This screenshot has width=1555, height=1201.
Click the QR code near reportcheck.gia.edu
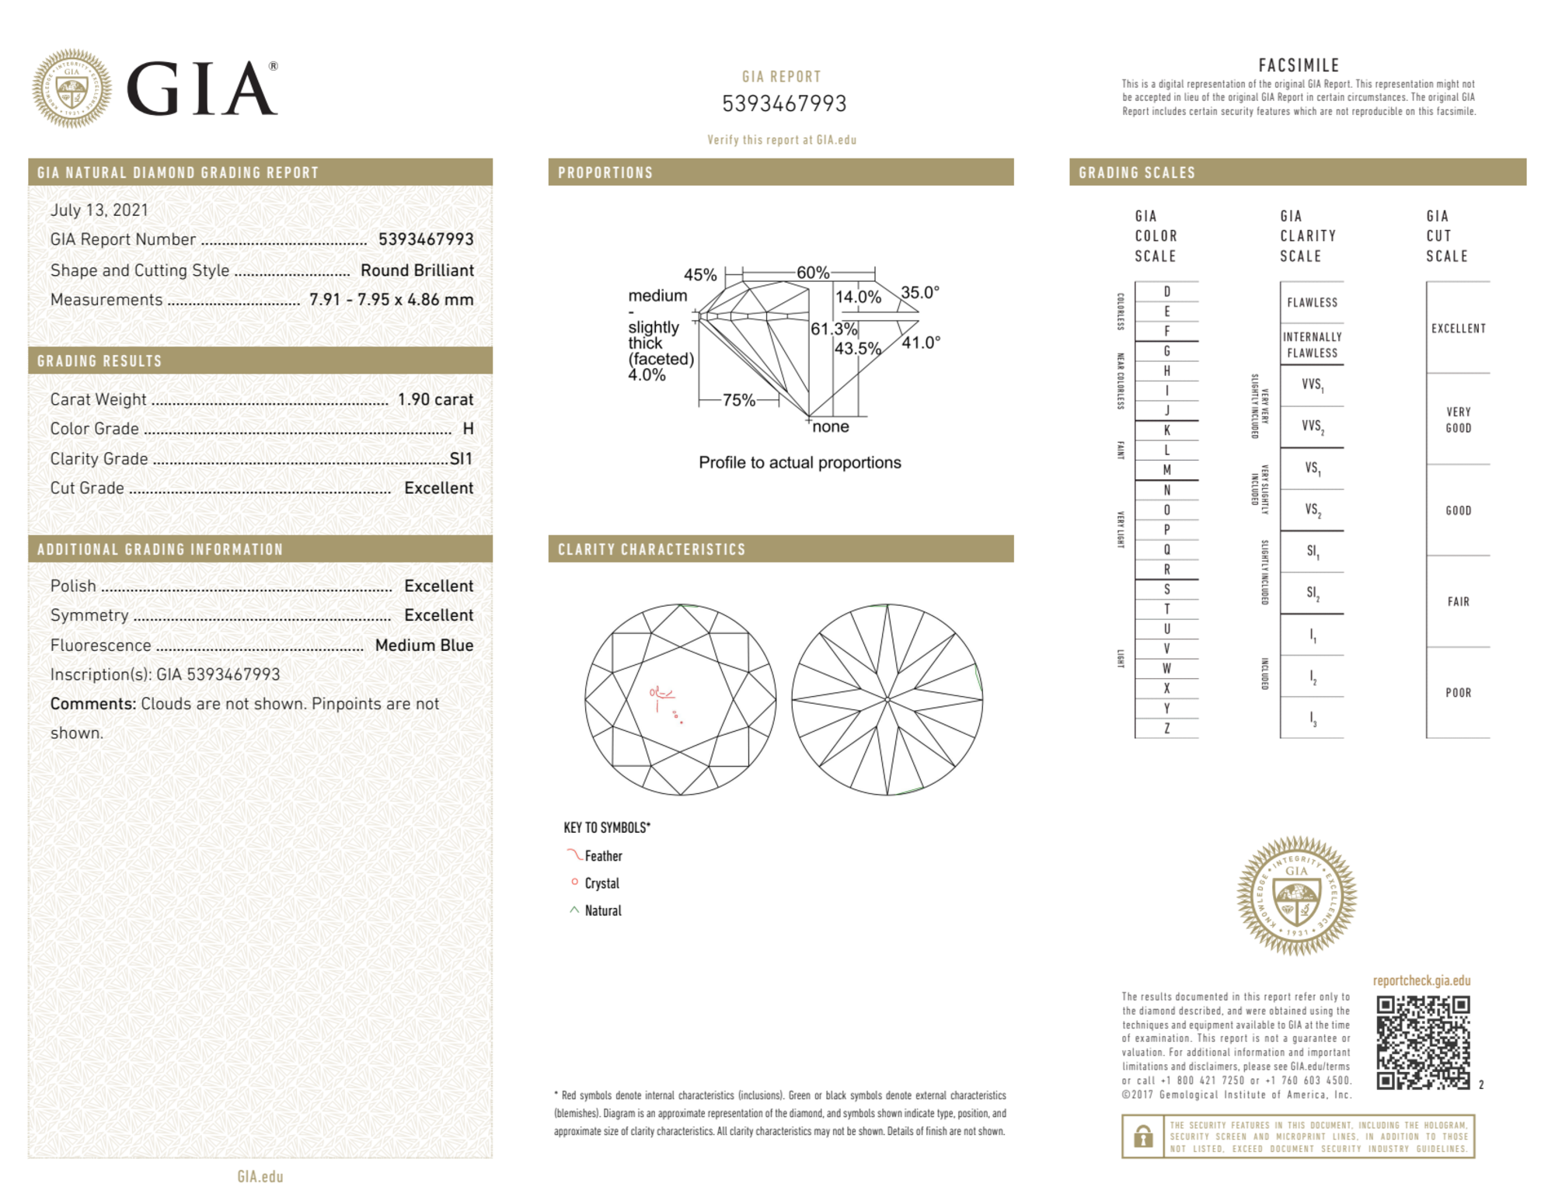coord(1422,1043)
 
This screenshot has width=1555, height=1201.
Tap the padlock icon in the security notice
coord(1142,1137)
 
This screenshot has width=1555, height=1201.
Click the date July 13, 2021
coord(99,210)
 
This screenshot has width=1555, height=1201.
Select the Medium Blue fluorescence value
coord(424,645)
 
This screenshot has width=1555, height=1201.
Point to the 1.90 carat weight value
coord(435,399)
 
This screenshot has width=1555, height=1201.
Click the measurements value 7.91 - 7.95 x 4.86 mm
coord(391,300)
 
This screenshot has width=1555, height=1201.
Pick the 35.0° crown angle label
coord(920,293)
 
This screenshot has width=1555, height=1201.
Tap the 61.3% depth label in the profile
coord(833,329)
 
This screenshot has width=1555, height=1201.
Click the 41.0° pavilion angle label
coord(921,342)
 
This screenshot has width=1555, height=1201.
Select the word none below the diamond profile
coord(830,426)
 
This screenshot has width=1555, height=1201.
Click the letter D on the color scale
coord(1166,292)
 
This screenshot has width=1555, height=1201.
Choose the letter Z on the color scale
coord(1166,728)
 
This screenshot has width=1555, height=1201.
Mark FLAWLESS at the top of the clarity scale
coord(1312,303)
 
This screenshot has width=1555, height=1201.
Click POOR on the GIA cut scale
coord(1458,693)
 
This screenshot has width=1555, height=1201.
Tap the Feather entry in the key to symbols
coord(603,856)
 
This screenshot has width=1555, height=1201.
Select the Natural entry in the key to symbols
coord(602,910)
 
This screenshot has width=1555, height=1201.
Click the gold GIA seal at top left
coord(71,89)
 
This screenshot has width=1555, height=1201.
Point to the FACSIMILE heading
coord(1299,66)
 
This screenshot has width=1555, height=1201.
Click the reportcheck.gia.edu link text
coord(1421,980)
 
